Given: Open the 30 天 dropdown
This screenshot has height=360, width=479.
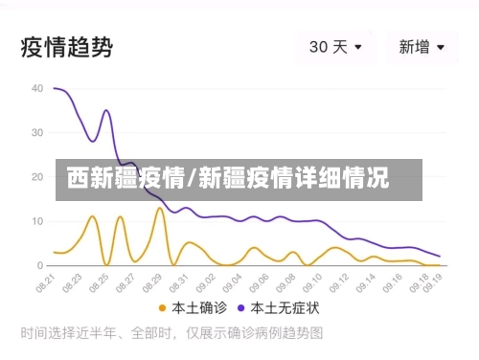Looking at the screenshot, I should point(335,46).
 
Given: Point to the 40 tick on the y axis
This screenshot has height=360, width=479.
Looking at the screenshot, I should point(36,88).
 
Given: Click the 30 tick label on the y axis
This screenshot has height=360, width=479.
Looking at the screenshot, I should point(36,132).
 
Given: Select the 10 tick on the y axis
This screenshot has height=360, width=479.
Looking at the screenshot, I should point(36,221).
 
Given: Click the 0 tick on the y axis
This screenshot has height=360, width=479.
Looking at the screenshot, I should point(39,265).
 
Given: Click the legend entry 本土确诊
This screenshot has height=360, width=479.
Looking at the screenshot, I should point(197,309).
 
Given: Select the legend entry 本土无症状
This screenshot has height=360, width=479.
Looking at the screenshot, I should point(285,309).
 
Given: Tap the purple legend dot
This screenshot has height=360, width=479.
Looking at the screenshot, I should point(243,309).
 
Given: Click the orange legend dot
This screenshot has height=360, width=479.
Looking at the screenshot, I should point(163,309).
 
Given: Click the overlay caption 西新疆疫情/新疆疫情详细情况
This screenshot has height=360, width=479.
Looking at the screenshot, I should point(228,178).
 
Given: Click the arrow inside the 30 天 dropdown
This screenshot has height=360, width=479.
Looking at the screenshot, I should point(359,46).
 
